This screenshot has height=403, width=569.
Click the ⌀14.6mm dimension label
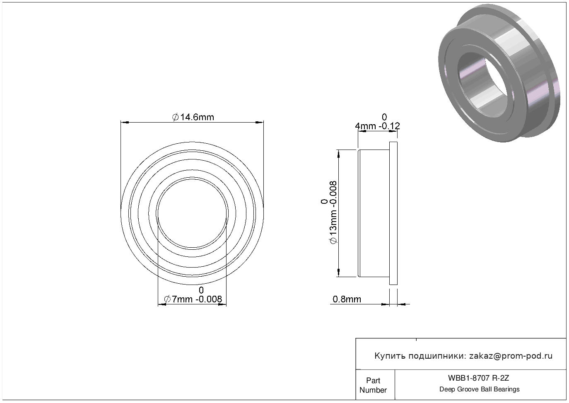(193, 117)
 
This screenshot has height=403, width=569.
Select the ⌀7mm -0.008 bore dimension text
(193, 299)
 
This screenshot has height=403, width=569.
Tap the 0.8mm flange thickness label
(347, 299)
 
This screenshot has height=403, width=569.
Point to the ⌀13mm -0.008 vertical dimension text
(333, 212)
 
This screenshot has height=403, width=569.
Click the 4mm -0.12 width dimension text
(377, 126)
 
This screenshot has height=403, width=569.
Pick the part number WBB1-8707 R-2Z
(479, 378)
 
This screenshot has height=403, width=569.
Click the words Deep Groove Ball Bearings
(479, 389)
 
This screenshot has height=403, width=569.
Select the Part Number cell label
(373, 385)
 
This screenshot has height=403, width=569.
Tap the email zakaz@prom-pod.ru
(511, 356)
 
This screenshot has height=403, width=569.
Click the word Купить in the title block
(390, 356)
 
